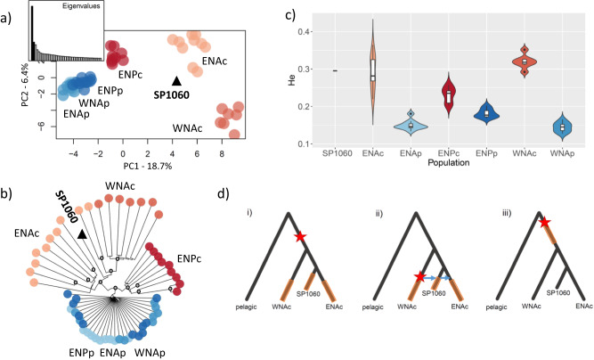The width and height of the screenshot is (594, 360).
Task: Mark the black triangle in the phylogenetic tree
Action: [x=82, y=233]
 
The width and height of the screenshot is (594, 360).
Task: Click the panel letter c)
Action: [x=289, y=11]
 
